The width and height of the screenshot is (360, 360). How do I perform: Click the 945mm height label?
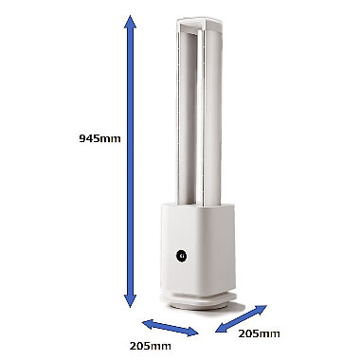click(x=99, y=138)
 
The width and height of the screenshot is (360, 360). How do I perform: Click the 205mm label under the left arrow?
click(x=151, y=346)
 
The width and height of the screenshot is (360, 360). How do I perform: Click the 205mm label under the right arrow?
click(x=259, y=333)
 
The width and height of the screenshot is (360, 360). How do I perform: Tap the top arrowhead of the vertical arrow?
click(x=130, y=23)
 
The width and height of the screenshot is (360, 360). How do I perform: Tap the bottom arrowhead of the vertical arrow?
click(x=130, y=300)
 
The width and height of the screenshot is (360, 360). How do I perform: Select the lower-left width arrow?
click(x=171, y=328)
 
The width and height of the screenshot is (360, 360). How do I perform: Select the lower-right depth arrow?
click(x=242, y=318)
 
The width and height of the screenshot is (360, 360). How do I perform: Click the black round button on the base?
click(x=181, y=256)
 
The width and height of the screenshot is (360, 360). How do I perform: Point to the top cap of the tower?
click(x=199, y=26)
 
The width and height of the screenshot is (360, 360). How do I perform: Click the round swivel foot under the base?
click(x=198, y=301)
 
